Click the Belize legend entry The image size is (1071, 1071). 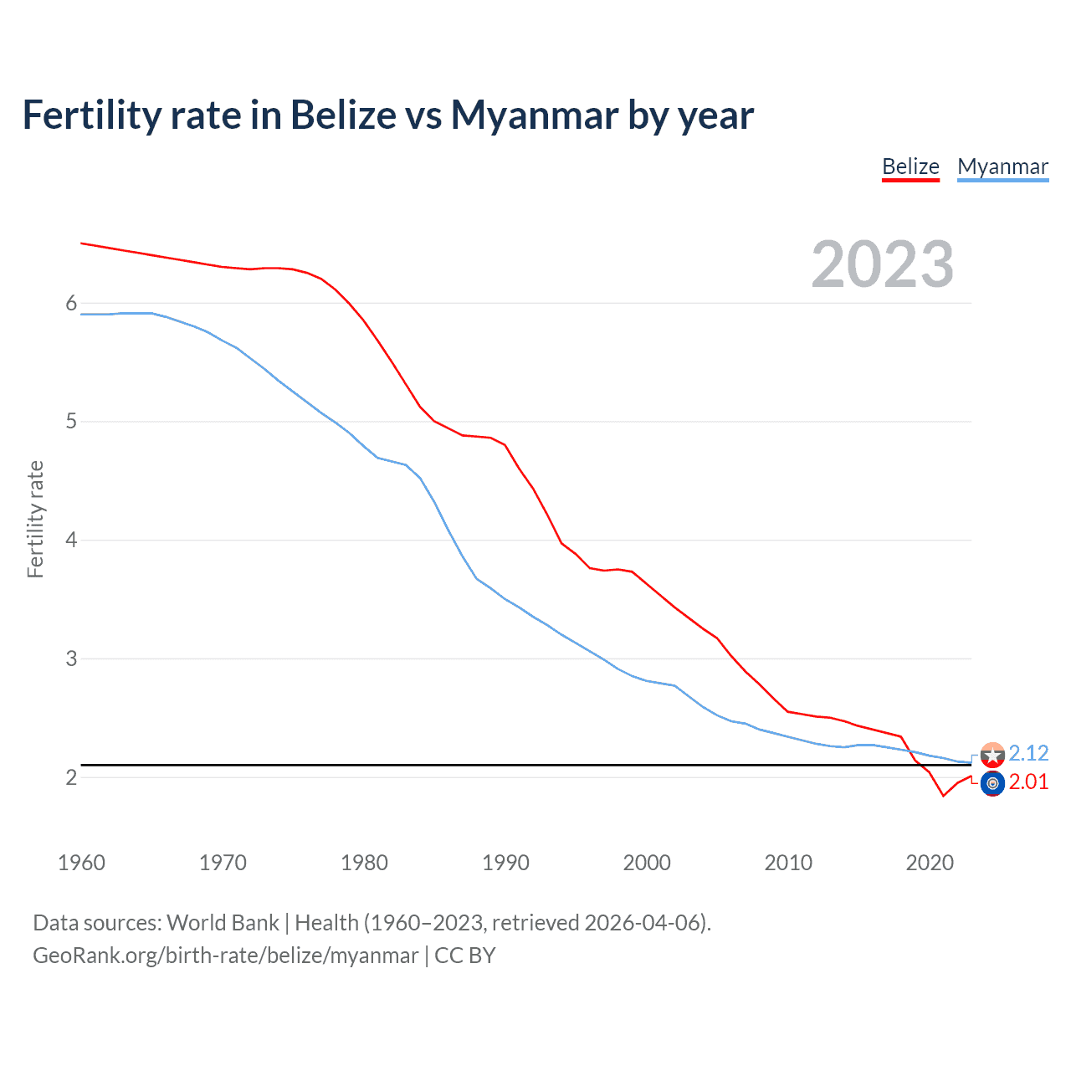pyautogui.click(x=910, y=167)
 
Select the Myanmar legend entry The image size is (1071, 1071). pyautogui.click(x=1002, y=167)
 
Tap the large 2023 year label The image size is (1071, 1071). pyautogui.click(x=882, y=264)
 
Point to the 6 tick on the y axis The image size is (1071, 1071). pyautogui.click(x=71, y=303)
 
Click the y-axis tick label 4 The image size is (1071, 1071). pyautogui.click(x=71, y=540)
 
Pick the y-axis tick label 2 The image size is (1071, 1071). pyautogui.click(x=71, y=777)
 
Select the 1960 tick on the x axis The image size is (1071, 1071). pyautogui.click(x=81, y=863)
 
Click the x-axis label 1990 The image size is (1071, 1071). pyautogui.click(x=505, y=863)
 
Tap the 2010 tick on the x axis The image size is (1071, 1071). pyautogui.click(x=788, y=863)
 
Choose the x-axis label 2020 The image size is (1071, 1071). pyautogui.click(x=930, y=863)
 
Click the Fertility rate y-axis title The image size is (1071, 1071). pyautogui.click(x=35, y=519)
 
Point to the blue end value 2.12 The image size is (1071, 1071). pyautogui.click(x=1028, y=753)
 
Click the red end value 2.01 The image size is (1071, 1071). pyautogui.click(x=1028, y=781)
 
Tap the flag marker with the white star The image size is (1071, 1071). pyautogui.click(x=992, y=756)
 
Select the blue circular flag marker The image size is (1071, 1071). pyautogui.click(x=992, y=784)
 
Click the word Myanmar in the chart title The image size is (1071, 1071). pyautogui.click(x=535, y=115)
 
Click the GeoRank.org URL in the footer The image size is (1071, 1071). pyautogui.click(x=225, y=956)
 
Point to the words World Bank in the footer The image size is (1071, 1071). pyautogui.click(x=223, y=923)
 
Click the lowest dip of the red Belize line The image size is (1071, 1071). pyautogui.click(x=944, y=795)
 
